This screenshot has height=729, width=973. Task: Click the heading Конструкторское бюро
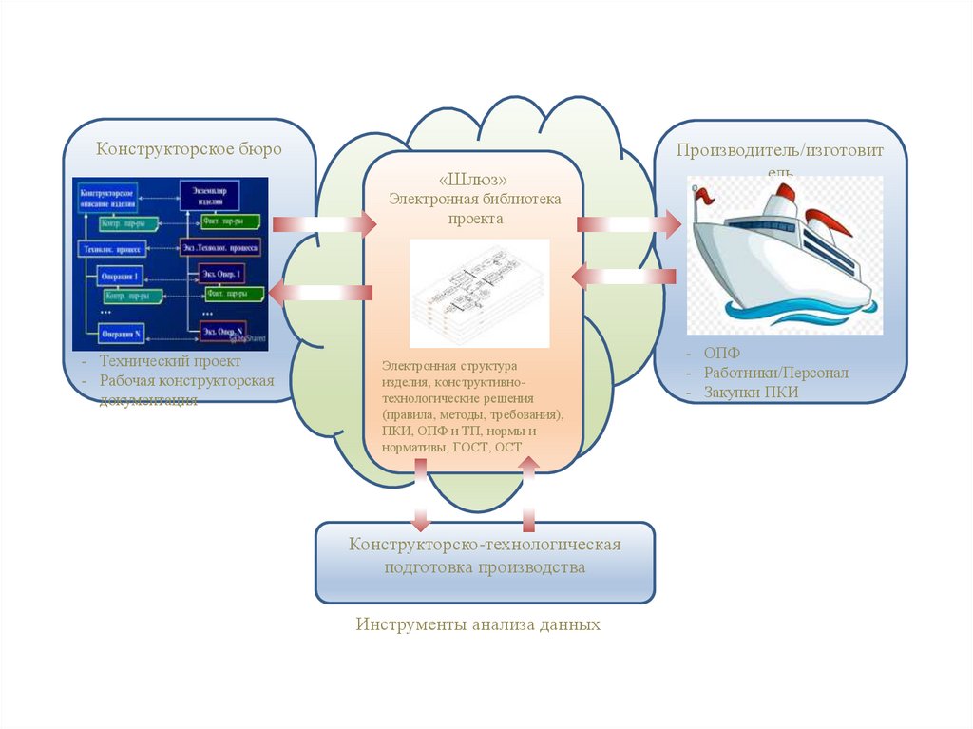pyautogui.click(x=189, y=149)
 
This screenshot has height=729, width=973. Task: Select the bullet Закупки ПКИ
pyautogui.click(x=752, y=392)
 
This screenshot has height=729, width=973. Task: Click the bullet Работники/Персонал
pyautogui.click(x=775, y=373)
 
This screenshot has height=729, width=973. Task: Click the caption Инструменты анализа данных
pyautogui.click(x=478, y=625)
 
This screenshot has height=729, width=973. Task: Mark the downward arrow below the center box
pyautogui.click(x=419, y=495)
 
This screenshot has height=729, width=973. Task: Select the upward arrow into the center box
pyautogui.click(x=529, y=493)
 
